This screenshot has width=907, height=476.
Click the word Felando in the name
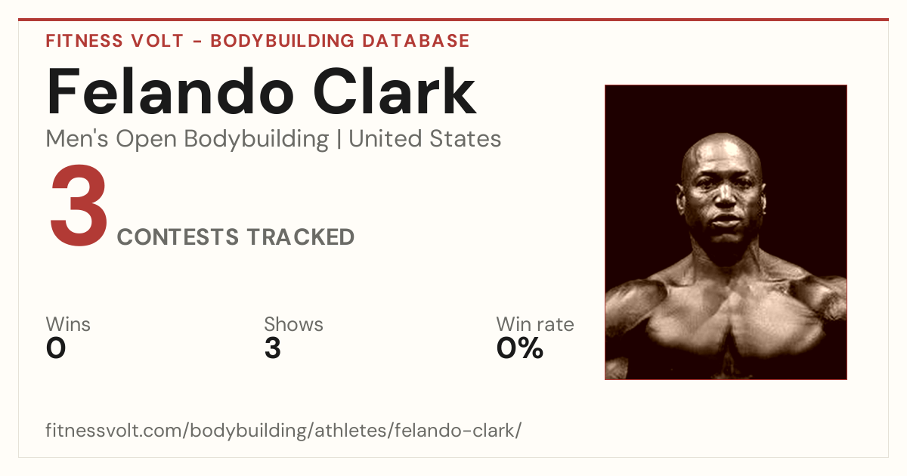(170, 91)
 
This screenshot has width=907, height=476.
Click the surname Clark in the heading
(395, 91)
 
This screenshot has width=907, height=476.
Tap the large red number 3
(79, 206)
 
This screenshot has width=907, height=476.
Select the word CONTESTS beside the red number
(178, 236)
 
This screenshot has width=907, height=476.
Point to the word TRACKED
(301, 236)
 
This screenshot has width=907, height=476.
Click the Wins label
(68, 324)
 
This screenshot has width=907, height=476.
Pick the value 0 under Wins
(56, 348)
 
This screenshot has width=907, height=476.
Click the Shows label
(293, 324)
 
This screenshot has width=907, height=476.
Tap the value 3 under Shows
(273, 348)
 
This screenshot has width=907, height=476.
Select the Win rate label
(535, 324)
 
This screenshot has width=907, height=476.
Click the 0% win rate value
(520, 348)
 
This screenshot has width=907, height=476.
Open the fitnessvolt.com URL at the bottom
(283, 430)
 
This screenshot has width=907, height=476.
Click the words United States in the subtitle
(425, 139)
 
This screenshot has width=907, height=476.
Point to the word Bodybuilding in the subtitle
(256, 140)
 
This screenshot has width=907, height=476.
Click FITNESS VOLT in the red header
(115, 41)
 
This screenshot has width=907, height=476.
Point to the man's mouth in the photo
(726, 221)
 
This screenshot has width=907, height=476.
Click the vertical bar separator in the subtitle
(339, 139)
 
